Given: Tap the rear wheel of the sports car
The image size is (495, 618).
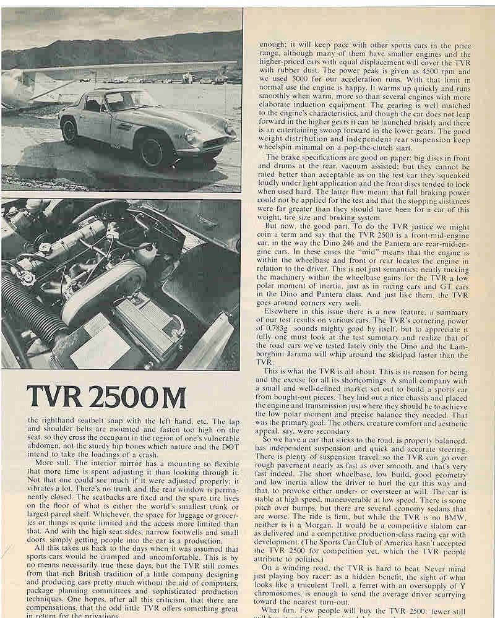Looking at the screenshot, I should click(x=70, y=131).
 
